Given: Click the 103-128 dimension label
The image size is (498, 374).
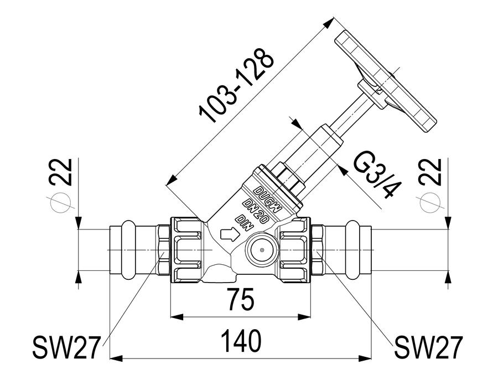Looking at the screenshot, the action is pos(236,85).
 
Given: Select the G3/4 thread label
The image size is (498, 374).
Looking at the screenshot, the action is pos(377,175).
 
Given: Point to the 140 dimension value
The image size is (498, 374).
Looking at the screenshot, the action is pos(241,341).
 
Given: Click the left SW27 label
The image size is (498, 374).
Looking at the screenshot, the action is pos(66,347).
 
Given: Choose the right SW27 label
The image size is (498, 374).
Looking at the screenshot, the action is pos(428,347).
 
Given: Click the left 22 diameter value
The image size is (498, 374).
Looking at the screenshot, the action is pos(61,171).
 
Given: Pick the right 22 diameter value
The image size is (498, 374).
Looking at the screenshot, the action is pos(430,171).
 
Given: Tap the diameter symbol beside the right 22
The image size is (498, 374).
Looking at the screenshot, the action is pos(430,203).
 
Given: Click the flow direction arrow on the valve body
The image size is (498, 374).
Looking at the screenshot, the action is pos(229,234).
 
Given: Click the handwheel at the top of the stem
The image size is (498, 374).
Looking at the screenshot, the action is pos(386,81).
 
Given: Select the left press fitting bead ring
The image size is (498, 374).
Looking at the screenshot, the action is pos(128,250).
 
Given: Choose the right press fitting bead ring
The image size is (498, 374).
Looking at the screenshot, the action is pos(352,250).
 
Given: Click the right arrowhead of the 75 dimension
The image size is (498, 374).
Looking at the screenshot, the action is pos(304,316).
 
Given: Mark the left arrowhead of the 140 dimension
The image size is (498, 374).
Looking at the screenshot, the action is pos(116,358).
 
